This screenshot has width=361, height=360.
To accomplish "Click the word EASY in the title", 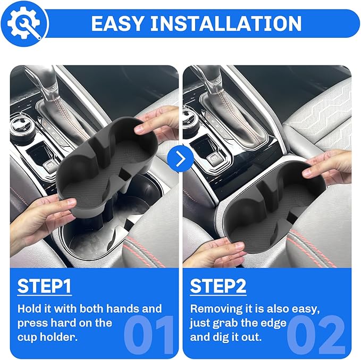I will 116,23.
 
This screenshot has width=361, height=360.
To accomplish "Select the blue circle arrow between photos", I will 180,159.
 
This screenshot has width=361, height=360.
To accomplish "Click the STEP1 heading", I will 45,286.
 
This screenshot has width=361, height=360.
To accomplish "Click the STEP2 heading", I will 218,286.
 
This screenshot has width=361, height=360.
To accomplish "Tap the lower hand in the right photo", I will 215,250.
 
